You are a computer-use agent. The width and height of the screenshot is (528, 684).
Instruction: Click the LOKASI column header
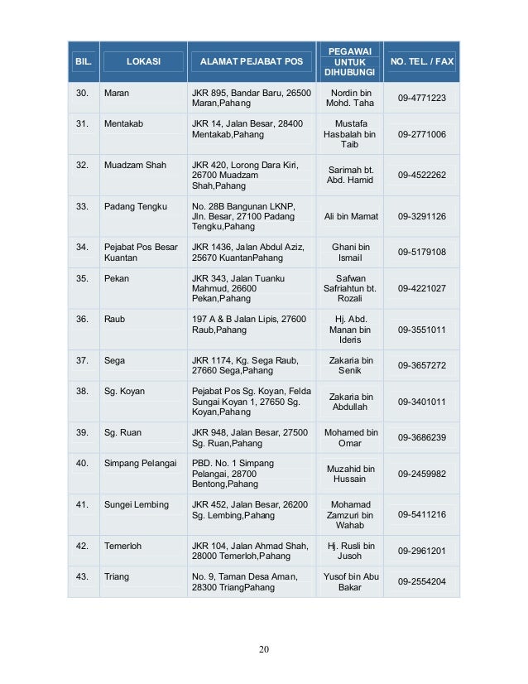(x=143, y=62)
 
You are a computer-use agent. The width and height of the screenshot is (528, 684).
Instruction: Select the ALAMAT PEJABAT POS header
(x=252, y=62)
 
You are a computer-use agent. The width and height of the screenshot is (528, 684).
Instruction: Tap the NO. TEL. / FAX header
(x=422, y=62)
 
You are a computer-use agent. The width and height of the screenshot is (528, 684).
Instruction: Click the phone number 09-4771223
(x=422, y=99)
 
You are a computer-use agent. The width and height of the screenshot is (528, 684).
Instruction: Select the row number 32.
(x=82, y=165)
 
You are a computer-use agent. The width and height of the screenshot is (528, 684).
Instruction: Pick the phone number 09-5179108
(x=422, y=252)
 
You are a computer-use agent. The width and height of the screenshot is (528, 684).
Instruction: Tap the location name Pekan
(x=117, y=279)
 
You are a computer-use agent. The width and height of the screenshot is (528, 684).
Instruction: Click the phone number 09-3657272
(x=422, y=365)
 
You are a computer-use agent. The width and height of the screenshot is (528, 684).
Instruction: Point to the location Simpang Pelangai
(x=140, y=463)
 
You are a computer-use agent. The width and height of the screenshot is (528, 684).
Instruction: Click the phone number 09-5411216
(x=422, y=514)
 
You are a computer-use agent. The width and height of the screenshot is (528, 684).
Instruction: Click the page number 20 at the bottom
(x=264, y=648)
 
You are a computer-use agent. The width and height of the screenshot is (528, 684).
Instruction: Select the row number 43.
(x=82, y=576)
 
